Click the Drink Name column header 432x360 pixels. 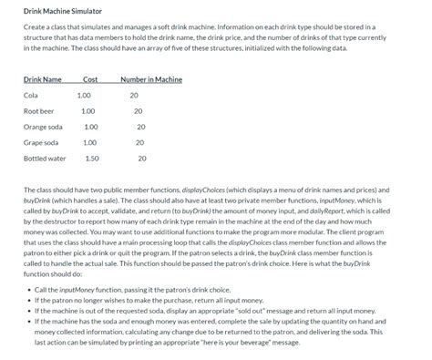pyautogui.click(x=43, y=79)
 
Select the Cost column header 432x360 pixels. pyautogui.click(x=90, y=79)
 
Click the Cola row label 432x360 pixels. pyautogui.click(x=31, y=95)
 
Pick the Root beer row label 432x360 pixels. pyautogui.click(x=38, y=110)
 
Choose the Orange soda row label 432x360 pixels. pyautogui.click(x=43, y=127)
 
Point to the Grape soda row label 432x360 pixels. pyautogui.click(x=41, y=142)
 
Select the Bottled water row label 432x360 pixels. pyautogui.click(x=45, y=159)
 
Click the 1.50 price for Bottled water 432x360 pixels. pyautogui.click(x=91, y=159)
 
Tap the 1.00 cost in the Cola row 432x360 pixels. pyautogui.click(x=84, y=95)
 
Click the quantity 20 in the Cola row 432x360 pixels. pyautogui.click(x=134, y=95)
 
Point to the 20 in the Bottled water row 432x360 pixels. pyautogui.click(x=141, y=159)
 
